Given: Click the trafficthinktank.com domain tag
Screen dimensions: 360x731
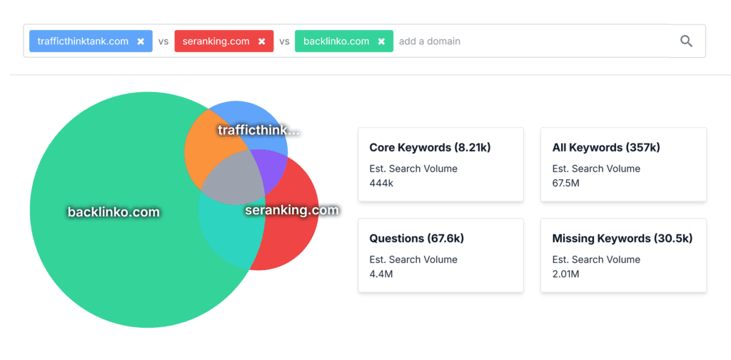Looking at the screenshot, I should [83, 41].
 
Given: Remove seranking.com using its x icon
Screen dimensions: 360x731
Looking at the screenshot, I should [262, 41].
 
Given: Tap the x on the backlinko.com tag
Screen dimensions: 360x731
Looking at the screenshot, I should [381, 41].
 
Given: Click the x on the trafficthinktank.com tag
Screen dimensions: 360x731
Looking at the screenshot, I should [141, 41].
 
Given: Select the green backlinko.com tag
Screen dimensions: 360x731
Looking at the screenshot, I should [336, 41].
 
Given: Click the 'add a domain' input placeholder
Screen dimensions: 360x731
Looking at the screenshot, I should [430, 41].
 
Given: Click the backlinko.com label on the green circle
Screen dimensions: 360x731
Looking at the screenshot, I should [114, 212].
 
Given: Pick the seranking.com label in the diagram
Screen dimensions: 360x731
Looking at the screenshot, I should [292, 210].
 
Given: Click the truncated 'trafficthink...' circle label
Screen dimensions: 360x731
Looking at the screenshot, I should [258, 130].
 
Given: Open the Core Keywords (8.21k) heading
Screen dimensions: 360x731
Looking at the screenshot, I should [430, 148].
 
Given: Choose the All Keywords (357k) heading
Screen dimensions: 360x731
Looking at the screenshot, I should [606, 148].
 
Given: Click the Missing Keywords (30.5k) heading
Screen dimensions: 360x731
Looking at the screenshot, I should [622, 239].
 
